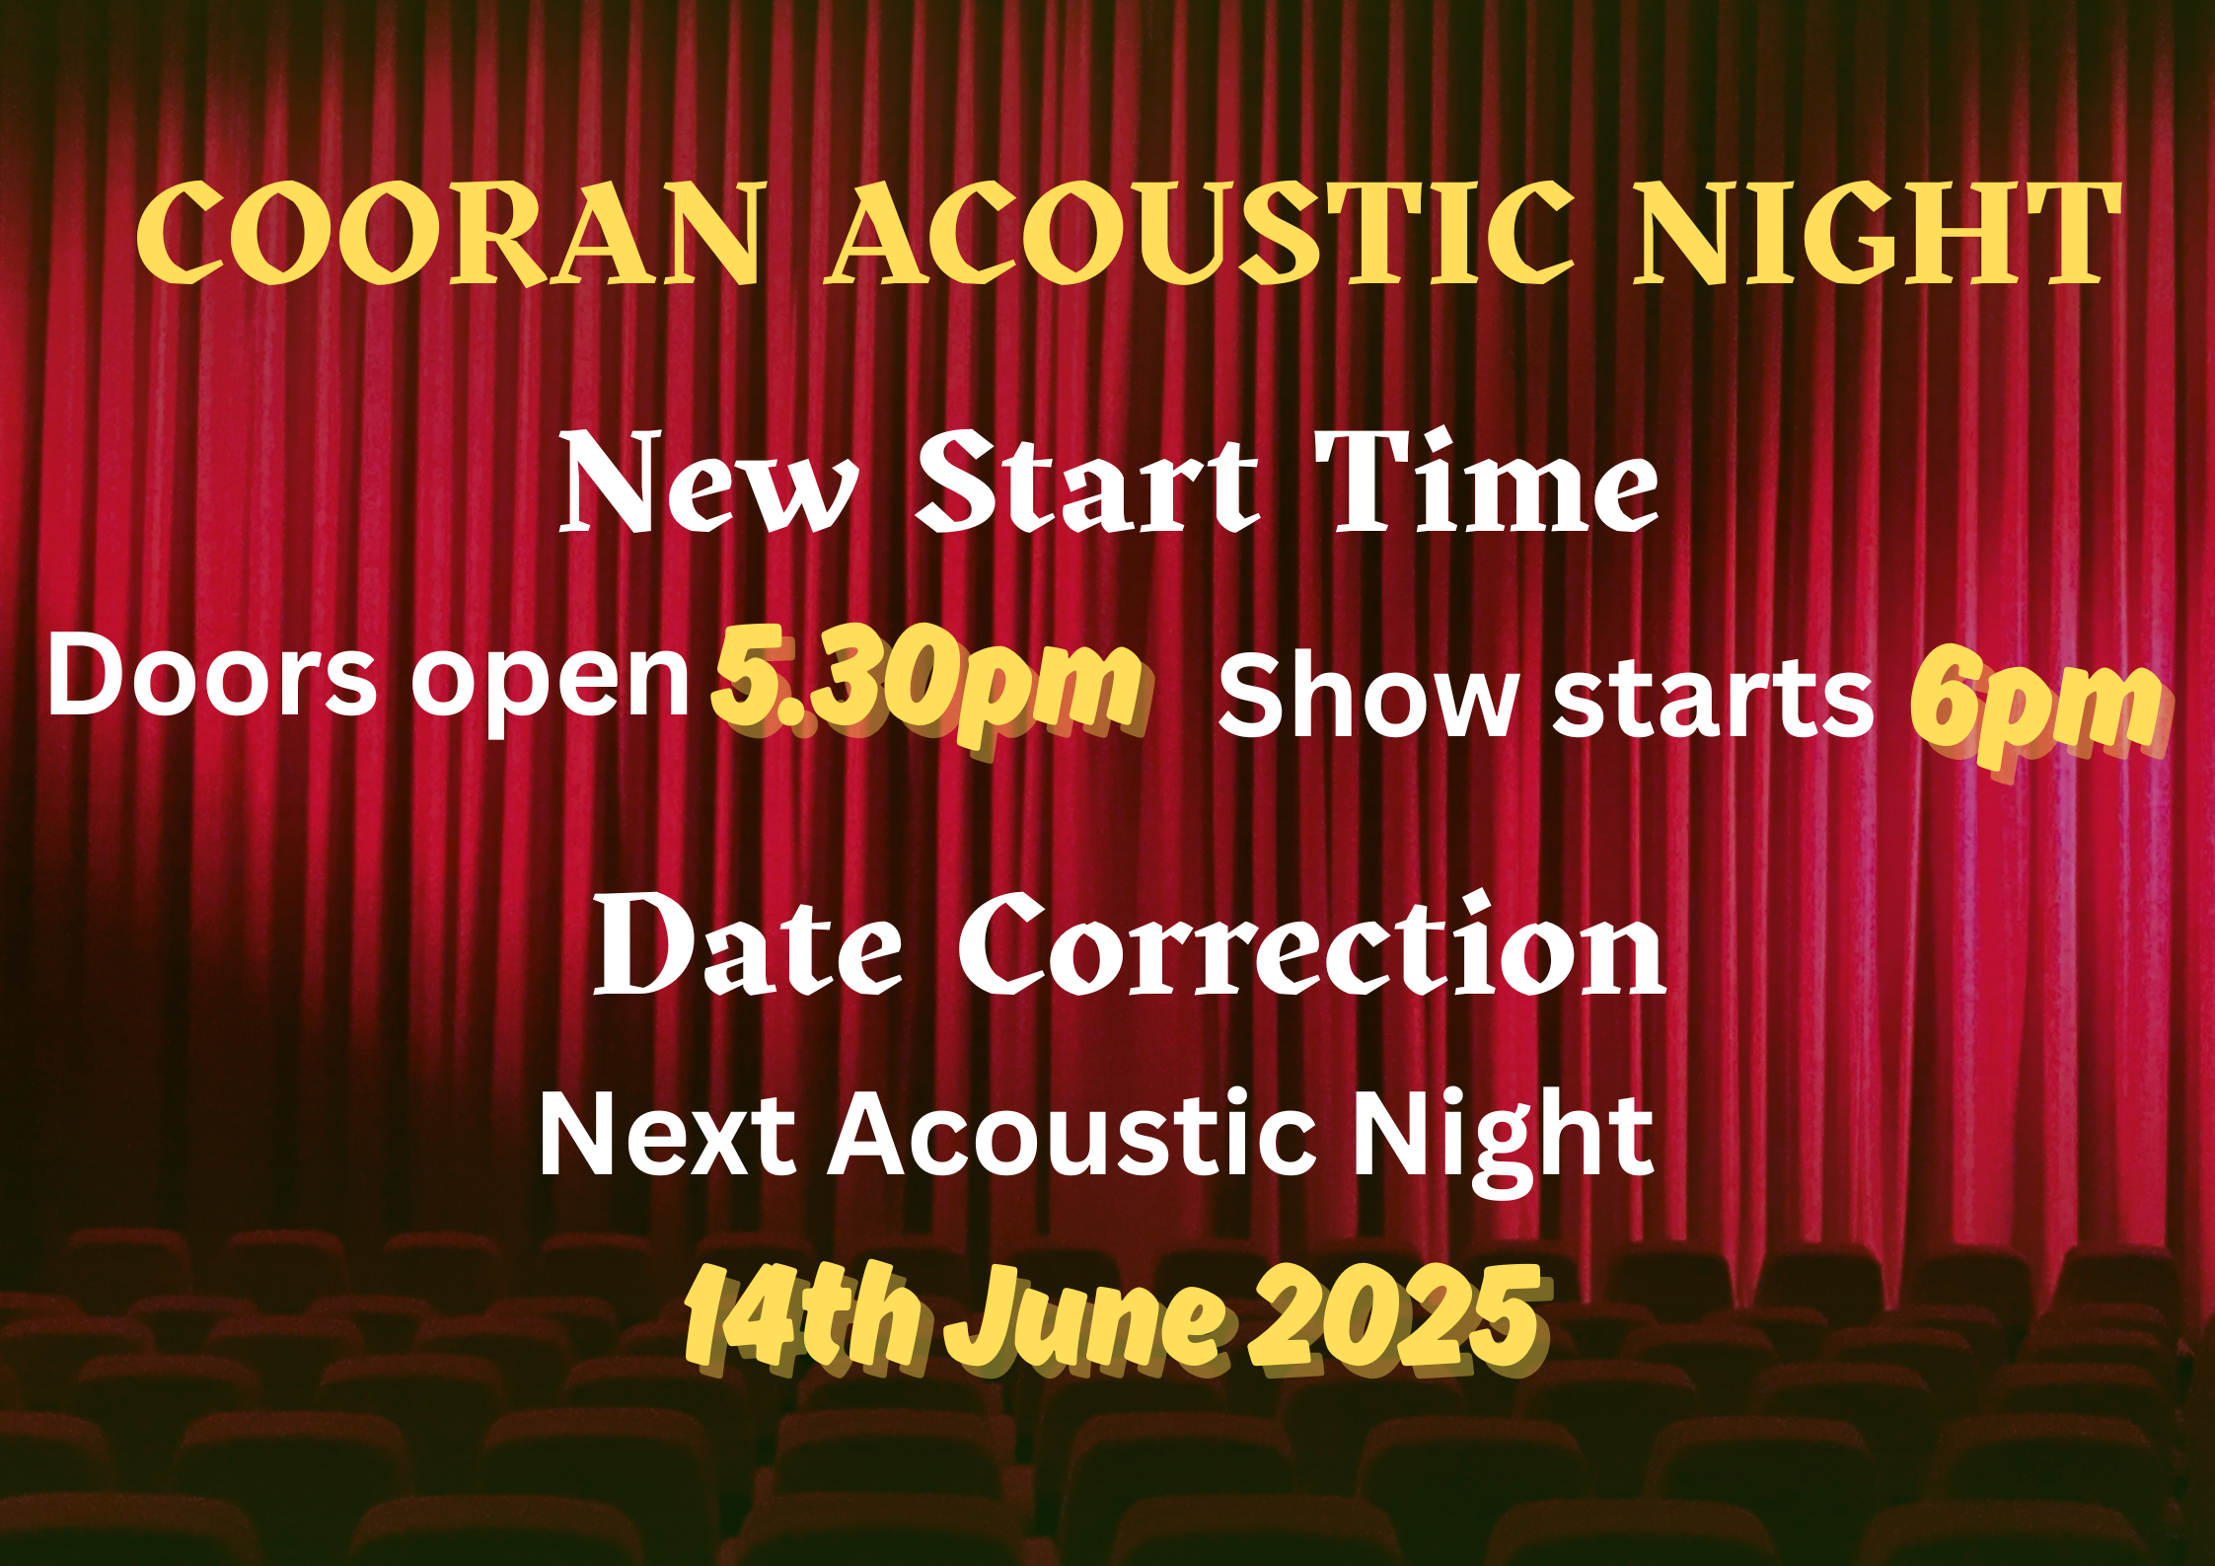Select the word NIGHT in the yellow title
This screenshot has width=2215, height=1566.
pos(1878,235)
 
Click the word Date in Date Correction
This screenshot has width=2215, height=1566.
pos(747,944)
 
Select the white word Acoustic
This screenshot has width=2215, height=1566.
pos(1072,1135)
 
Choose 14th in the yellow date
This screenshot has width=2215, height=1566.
pos(803,1318)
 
